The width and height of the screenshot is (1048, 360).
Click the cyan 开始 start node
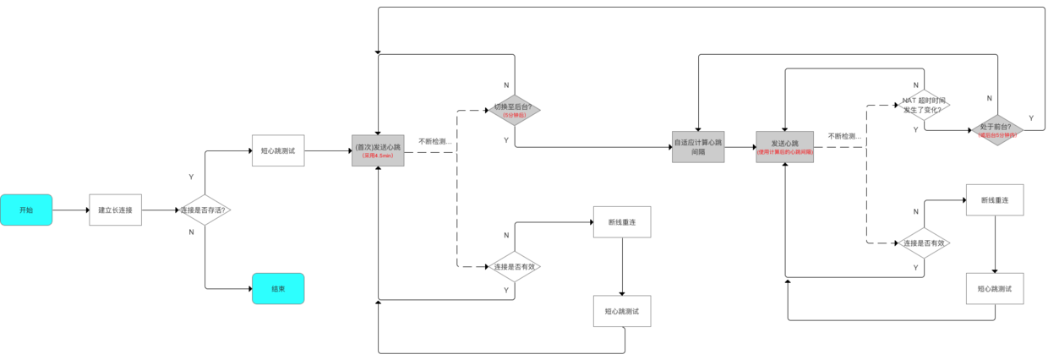26,210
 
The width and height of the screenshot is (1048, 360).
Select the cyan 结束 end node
277,288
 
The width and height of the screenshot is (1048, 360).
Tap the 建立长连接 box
115,210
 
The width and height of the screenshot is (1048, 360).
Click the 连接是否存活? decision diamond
205,210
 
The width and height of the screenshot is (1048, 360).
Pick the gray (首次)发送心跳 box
378,147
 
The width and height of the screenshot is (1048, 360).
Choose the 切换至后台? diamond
514,109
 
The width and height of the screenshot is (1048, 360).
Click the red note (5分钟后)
514,115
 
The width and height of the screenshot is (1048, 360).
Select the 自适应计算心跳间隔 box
698,146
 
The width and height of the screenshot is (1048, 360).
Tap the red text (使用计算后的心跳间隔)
784,152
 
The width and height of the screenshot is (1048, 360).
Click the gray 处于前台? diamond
996,129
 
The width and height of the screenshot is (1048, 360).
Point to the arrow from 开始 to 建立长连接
71,210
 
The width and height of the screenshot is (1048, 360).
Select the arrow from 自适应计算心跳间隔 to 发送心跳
740,147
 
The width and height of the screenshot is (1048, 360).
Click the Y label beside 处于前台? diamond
1030,117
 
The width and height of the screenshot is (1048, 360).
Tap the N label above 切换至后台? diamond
506,85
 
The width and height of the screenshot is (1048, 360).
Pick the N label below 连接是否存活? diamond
191,231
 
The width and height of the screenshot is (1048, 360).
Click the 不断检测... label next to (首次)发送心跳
434,141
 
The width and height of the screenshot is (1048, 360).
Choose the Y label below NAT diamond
915,129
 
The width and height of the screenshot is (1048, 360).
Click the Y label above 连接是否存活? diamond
191,177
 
